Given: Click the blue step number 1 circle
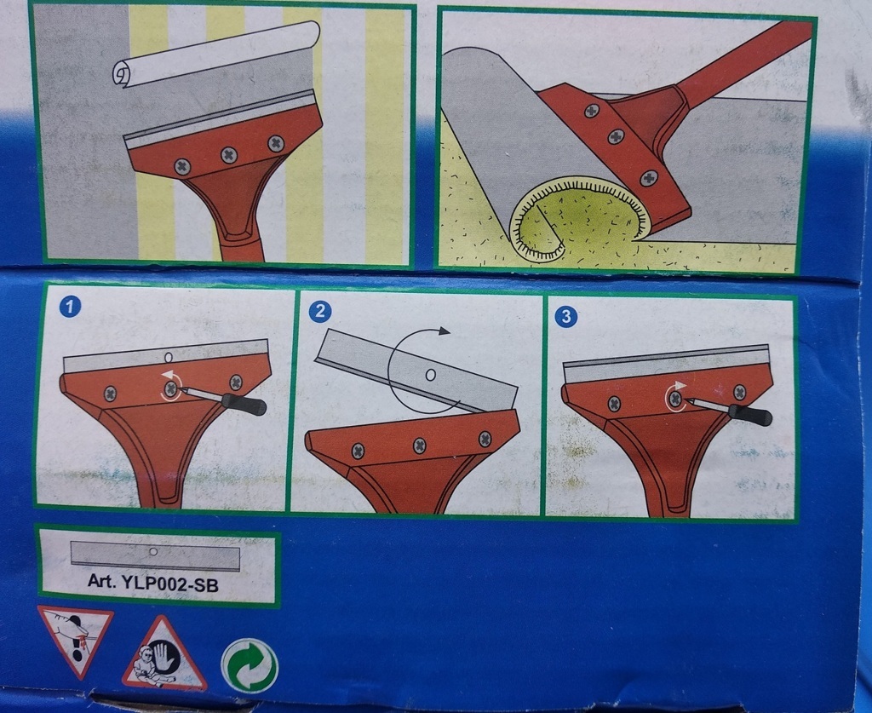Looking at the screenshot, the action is [x=72, y=306].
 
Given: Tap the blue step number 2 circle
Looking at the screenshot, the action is [x=320, y=310].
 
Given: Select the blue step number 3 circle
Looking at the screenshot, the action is [x=566, y=316].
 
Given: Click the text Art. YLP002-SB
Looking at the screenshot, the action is [x=153, y=584].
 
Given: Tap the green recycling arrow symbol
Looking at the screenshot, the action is [x=250, y=665].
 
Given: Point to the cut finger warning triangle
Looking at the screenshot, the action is [x=75, y=639].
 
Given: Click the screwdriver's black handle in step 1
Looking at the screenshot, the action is [x=244, y=404].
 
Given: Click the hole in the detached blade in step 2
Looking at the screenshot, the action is [x=430, y=375].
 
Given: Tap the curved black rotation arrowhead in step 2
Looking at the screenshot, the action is [x=443, y=331].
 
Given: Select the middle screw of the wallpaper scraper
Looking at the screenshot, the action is [x=229, y=155].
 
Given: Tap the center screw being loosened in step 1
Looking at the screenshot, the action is [x=171, y=388].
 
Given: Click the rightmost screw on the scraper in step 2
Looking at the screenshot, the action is [x=485, y=438].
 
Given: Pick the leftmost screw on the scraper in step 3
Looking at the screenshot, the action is [x=614, y=404].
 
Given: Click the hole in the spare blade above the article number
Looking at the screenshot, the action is [x=154, y=551].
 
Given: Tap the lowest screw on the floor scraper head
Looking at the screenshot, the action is [x=648, y=178].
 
